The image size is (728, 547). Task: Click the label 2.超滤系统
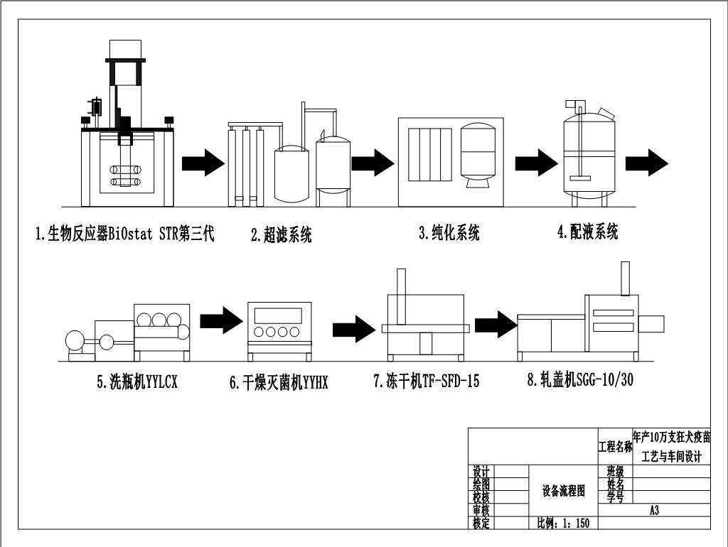pos(281,234)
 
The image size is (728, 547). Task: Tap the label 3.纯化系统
pos(449,232)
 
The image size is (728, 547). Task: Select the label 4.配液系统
pos(588,231)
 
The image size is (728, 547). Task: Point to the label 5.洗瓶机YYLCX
pos(137,381)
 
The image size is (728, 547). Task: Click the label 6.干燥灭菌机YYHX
pos(279,382)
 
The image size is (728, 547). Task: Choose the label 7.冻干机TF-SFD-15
pos(427,381)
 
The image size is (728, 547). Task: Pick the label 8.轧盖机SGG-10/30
pos(580,379)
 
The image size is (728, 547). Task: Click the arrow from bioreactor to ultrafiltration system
pos(203,163)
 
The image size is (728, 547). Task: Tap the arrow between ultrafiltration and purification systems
pos(373,163)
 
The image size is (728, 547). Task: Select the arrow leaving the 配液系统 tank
pos(647,163)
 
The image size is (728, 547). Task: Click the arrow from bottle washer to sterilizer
pos(222,320)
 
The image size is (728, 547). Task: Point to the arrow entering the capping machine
pos(496,325)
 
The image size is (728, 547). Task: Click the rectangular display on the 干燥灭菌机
pos(278,315)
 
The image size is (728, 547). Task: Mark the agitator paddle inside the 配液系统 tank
pos(580,176)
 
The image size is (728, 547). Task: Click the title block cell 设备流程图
pos(563,490)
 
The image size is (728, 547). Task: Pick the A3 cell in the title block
pos(654,510)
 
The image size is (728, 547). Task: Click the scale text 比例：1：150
pos(563,524)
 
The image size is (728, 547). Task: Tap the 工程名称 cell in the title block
pos(615,446)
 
